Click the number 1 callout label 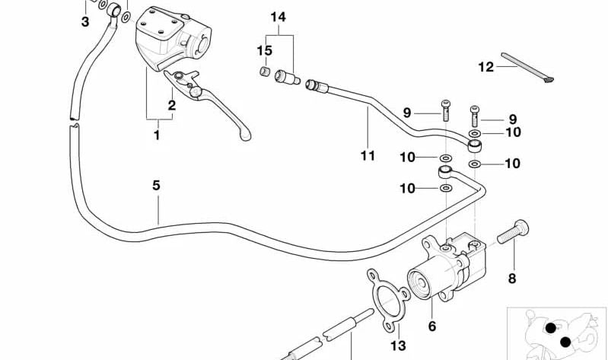point(158,135)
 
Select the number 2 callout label point(172,106)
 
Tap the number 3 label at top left point(85,22)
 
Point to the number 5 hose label point(156,185)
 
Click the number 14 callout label point(279,17)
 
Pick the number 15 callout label point(264,51)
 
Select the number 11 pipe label point(368,156)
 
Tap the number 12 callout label point(486,66)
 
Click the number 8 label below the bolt point(511,279)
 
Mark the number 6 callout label point(431,327)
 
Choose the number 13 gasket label point(399,346)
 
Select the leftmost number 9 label point(407,113)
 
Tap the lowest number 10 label point(409,188)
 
